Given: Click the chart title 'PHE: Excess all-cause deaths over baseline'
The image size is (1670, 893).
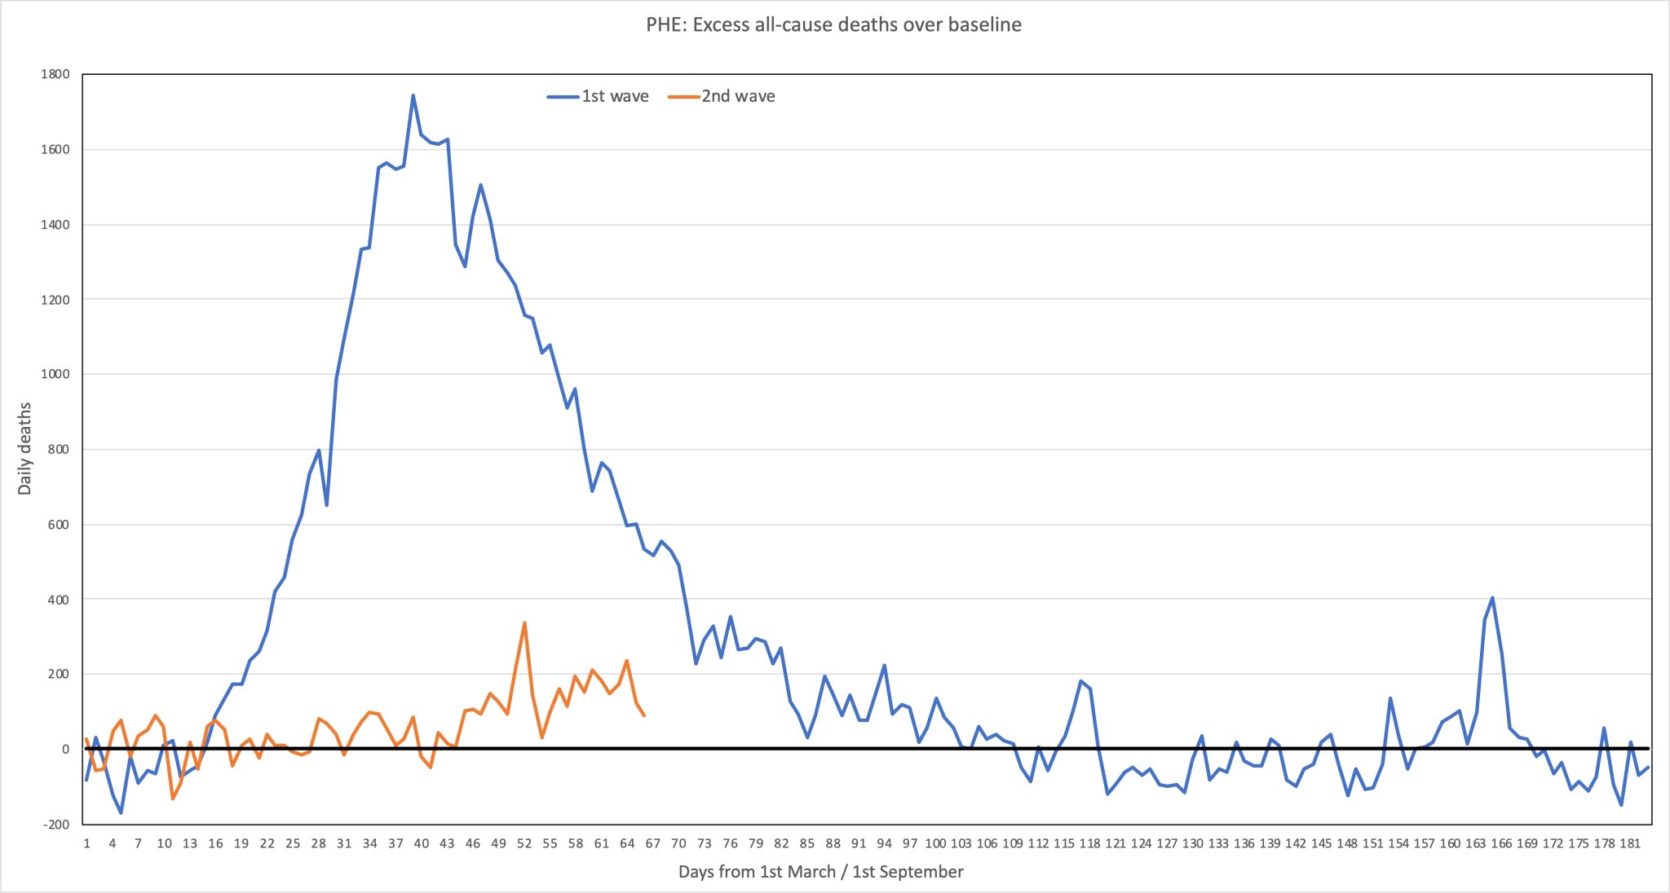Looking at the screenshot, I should [x=833, y=25].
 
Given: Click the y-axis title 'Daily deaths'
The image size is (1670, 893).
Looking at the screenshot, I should [x=25, y=448].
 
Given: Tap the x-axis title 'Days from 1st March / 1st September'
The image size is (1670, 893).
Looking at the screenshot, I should [x=820, y=872].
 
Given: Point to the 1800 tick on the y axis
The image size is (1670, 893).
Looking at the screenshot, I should [x=55, y=74].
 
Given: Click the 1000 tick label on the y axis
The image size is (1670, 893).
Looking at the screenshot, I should [x=55, y=374].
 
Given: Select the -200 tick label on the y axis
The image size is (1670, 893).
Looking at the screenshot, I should [x=55, y=825].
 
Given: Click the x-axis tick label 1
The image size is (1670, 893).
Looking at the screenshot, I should [x=86, y=843].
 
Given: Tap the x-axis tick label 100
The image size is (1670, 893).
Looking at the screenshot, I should [x=935, y=843].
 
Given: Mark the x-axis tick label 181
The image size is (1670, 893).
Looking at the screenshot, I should [x=1630, y=843].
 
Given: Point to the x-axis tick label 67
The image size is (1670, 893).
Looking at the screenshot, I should [x=652, y=843].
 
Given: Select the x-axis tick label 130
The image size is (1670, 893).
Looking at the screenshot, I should [x=1192, y=843].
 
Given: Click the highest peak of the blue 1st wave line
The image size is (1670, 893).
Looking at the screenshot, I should [x=413, y=95].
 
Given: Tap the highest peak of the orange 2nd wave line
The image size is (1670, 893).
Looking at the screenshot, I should [x=524, y=623].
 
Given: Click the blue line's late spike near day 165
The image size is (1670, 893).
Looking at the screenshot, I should [x=1492, y=598].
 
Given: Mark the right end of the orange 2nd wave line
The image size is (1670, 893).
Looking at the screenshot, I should [x=644, y=715].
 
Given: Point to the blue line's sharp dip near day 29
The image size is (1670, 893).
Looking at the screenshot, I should [x=327, y=505].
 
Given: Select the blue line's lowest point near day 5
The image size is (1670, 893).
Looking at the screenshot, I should [x=121, y=813].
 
